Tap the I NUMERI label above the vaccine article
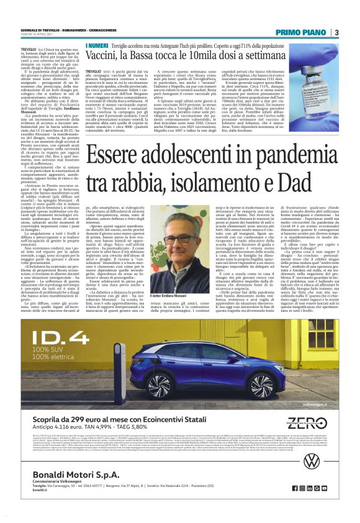pyautogui.click(x=96, y=46)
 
